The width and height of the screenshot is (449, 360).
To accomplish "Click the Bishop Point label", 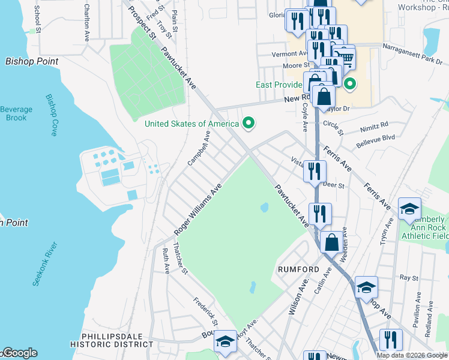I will click(x=32, y=61).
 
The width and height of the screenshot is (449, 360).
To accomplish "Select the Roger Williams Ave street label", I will click(x=198, y=209).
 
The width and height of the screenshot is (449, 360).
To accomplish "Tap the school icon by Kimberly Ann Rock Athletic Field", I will click(x=409, y=209).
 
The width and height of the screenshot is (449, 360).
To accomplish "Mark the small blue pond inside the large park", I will click(x=264, y=208).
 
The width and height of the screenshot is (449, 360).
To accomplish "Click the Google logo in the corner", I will click(x=19, y=353).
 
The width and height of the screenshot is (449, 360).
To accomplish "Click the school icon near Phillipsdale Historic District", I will click(x=225, y=342).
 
